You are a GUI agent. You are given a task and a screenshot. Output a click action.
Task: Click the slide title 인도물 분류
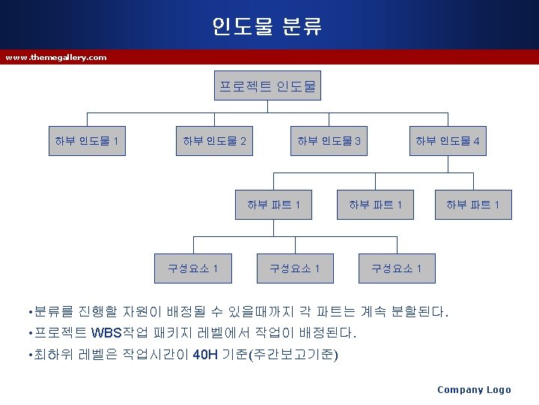click(x=268, y=27)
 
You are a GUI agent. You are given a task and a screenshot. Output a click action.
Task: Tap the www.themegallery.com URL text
click(x=56, y=57)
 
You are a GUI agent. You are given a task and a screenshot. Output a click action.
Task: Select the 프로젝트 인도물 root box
click(x=267, y=87)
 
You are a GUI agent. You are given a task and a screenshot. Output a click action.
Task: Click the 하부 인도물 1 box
click(x=87, y=140)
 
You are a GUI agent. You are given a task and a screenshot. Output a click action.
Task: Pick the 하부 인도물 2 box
click(x=215, y=140)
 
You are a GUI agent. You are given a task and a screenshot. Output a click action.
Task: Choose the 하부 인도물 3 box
click(x=329, y=140)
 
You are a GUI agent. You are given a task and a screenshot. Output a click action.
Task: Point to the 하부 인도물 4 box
click(x=448, y=140)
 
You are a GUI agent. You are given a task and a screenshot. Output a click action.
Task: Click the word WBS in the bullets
click(x=107, y=332)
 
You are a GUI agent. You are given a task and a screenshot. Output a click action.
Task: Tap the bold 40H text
click(x=206, y=354)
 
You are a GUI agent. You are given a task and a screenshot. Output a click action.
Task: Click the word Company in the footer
click(x=460, y=389)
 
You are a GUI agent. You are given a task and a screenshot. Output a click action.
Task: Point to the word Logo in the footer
click(x=499, y=389)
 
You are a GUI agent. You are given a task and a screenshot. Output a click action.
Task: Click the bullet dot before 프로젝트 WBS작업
click(x=27, y=333)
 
